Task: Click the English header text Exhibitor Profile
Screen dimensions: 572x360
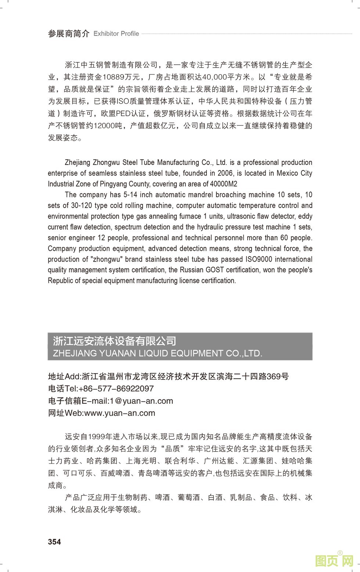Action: point(116,34)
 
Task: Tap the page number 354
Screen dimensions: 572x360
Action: point(54,542)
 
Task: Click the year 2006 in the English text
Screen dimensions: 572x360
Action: point(225,173)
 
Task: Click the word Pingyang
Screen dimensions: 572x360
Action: point(113,184)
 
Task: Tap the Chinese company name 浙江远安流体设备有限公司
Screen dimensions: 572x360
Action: point(115,341)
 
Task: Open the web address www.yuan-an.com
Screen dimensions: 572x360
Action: point(120,413)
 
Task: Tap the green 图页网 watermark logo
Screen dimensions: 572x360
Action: point(335,561)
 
